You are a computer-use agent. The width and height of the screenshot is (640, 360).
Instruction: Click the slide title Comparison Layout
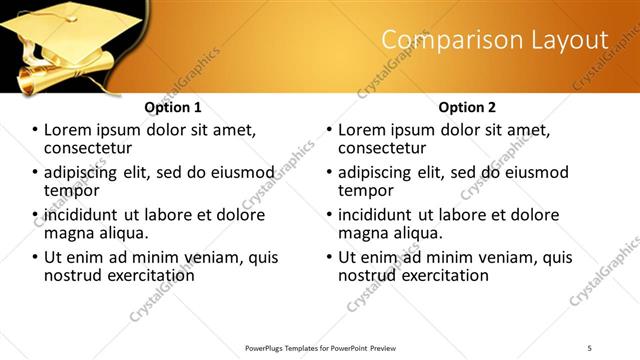click(x=495, y=40)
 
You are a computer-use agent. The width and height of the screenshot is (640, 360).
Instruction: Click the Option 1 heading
click(x=173, y=107)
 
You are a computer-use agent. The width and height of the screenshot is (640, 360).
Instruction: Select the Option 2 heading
click(x=467, y=107)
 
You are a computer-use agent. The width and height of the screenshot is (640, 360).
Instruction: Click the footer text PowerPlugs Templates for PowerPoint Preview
click(x=320, y=347)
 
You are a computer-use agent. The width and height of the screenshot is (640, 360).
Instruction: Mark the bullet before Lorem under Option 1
click(x=36, y=131)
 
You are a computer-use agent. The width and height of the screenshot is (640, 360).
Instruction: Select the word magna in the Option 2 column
click(x=362, y=233)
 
